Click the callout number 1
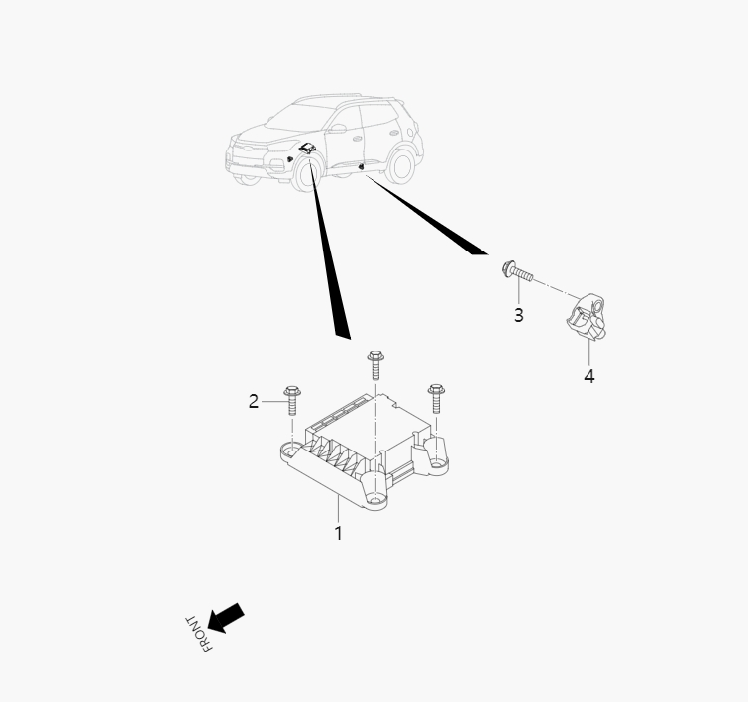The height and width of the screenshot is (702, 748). (338, 533)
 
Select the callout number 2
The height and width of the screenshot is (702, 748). (254, 401)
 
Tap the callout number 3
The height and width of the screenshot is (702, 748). (518, 315)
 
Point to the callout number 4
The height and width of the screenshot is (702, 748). (589, 376)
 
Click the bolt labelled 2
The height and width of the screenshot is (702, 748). (291, 400)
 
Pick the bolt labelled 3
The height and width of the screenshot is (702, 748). (517, 270)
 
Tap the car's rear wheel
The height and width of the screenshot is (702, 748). (399, 164)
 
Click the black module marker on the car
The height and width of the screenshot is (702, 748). (307, 148)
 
